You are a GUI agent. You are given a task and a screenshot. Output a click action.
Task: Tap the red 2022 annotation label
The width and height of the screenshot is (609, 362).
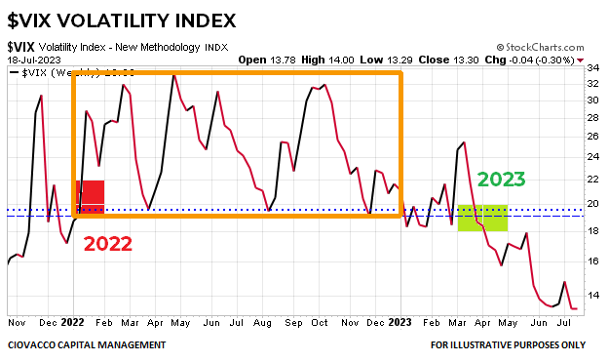click(107, 244)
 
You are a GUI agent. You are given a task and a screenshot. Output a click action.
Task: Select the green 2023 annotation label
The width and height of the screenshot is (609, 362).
click(501, 180)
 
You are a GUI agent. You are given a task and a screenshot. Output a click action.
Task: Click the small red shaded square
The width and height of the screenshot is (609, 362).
click(92, 197)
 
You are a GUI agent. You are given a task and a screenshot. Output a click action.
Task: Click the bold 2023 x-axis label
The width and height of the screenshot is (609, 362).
click(400, 321)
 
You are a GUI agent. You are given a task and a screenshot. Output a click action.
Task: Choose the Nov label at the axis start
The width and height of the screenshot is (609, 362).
click(16, 321)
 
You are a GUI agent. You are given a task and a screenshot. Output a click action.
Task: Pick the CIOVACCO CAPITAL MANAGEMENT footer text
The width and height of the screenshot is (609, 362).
click(87, 344)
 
